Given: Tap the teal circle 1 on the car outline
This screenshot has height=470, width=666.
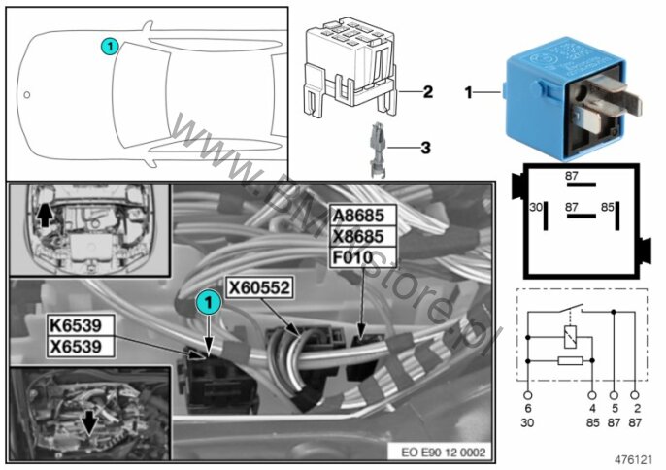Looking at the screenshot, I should pyautogui.click(x=110, y=45).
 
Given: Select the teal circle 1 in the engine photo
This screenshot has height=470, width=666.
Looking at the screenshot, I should pyautogui.click(x=207, y=303).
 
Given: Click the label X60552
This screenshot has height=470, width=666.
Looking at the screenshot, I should pyautogui.click(x=259, y=287).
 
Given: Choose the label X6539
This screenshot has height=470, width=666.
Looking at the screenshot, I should pyautogui.click(x=82, y=346).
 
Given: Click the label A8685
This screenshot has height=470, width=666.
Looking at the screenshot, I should pyautogui.click(x=363, y=217).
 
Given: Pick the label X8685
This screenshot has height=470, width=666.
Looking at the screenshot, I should pyautogui.click(x=363, y=237).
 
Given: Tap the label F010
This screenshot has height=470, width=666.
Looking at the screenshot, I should pyautogui.click(x=353, y=257).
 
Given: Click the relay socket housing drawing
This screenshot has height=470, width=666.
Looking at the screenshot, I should pyautogui.click(x=353, y=64).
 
